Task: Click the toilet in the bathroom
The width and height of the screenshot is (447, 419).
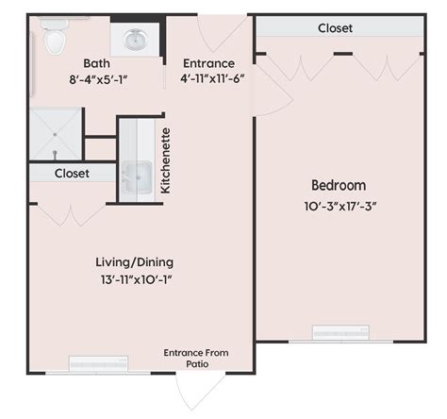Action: tap(55, 38)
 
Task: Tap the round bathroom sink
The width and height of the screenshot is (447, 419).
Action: tap(135, 41)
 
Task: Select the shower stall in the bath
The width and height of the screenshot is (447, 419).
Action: tap(54, 136)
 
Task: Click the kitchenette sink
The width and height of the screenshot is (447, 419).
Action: tap(138, 176)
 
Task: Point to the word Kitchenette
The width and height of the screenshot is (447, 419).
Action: tap(165, 160)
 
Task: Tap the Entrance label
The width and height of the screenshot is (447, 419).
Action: tap(208, 64)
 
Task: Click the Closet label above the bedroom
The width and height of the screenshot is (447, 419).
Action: tap(335, 28)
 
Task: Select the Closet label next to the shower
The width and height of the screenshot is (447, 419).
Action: tap(72, 174)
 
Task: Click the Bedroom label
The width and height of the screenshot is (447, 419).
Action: tap(339, 185)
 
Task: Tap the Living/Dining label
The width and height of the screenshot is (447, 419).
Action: tap(134, 261)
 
